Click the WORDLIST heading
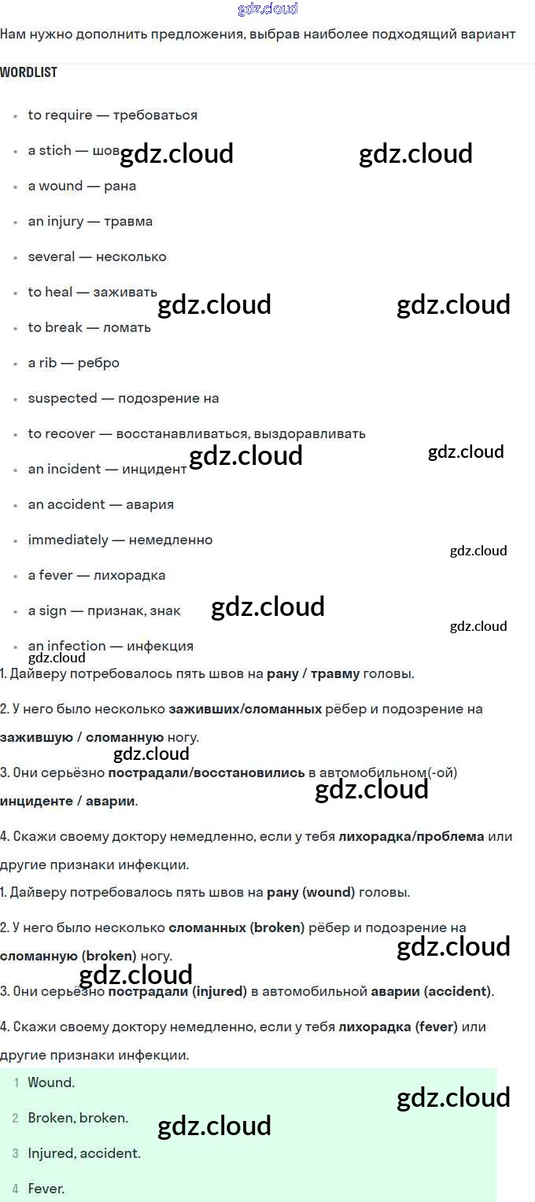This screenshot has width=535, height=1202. pyautogui.click(x=29, y=72)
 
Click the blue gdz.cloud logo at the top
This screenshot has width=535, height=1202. pyautogui.click(x=267, y=9)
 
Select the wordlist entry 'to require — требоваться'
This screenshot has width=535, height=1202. pyautogui.click(x=113, y=115)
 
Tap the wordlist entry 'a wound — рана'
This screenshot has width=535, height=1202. pyautogui.click(x=82, y=186)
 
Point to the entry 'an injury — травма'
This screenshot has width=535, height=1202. pyautogui.click(x=90, y=221)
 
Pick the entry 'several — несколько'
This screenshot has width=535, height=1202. pyautogui.click(x=97, y=256)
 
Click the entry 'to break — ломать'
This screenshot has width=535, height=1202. pyautogui.click(x=89, y=327)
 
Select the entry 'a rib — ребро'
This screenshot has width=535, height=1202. pyautogui.click(x=73, y=363)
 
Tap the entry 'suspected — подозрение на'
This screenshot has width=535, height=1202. pyautogui.click(x=124, y=398)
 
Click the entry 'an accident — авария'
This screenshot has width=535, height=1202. pyautogui.click(x=101, y=504)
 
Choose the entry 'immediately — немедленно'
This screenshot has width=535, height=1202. pyautogui.click(x=120, y=540)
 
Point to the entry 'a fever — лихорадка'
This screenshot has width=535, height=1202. pyautogui.click(x=97, y=575)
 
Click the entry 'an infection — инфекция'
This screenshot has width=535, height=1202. pyautogui.click(x=110, y=646)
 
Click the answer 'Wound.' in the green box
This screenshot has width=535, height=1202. pyautogui.click(x=51, y=1082)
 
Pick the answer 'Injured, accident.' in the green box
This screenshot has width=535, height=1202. pyautogui.click(x=84, y=1153)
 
